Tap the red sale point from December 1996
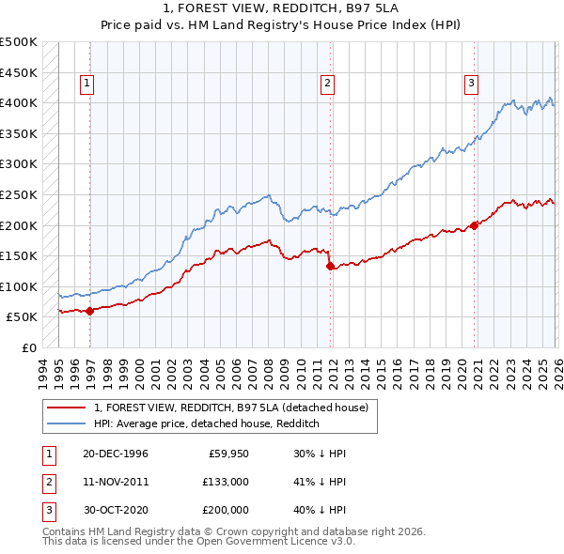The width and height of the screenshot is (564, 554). [x=89, y=311]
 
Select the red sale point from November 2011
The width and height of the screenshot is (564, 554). [x=330, y=267]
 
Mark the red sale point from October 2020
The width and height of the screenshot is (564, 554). [x=475, y=225]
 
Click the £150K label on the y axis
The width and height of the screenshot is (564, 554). [x=19, y=255]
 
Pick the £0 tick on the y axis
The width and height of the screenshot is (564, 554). [x=29, y=347]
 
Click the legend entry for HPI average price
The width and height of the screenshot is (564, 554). [x=207, y=423]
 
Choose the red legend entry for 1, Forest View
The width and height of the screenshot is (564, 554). [x=235, y=408]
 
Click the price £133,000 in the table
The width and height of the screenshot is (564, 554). [x=226, y=482]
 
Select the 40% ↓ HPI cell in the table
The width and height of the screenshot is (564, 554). [x=320, y=510]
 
